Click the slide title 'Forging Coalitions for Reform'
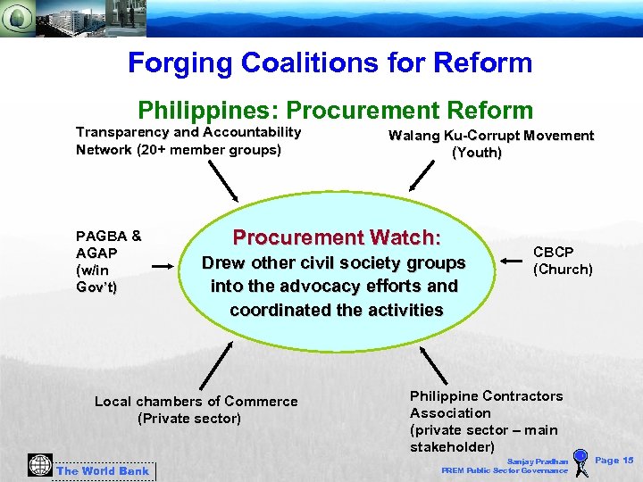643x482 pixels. click(330, 63)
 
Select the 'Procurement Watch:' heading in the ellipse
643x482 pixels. click(337, 238)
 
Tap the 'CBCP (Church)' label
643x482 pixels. click(563, 261)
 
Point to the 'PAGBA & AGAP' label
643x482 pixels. click(108, 245)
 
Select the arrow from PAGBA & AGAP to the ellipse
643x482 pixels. click(163, 265)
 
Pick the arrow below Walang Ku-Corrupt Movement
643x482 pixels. click(420, 175)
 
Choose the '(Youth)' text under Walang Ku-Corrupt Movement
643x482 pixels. click(477, 153)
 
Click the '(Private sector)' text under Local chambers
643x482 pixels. click(189, 418)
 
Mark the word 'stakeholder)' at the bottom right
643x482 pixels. click(452, 446)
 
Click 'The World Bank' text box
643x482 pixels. click(104, 470)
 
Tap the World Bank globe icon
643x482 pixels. click(39, 465)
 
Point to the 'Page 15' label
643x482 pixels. click(614, 461)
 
